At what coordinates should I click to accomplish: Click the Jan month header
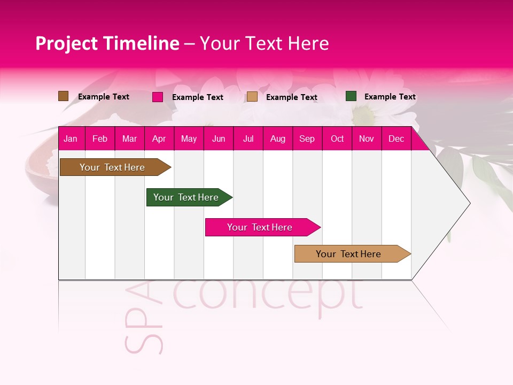pyautogui.click(x=71, y=139)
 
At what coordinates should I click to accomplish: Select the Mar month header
pyautogui.click(x=129, y=139)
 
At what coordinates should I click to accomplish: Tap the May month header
pyautogui.click(x=189, y=139)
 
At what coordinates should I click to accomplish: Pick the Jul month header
pyautogui.click(x=248, y=139)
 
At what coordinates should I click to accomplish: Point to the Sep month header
pyautogui.click(x=307, y=139)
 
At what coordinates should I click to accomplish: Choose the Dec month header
pyautogui.click(x=396, y=139)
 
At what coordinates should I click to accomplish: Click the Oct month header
pyautogui.click(x=337, y=139)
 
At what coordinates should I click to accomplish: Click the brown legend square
pyautogui.click(x=63, y=96)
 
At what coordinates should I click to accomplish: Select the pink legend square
pyautogui.click(x=158, y=97)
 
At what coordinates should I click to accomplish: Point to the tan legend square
pyautogui.click(x=252, y=97)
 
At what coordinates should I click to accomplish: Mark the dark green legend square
pyautogui.click(x=351, y=96)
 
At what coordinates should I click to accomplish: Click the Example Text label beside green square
pyautogui.click(x=390, y=97)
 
